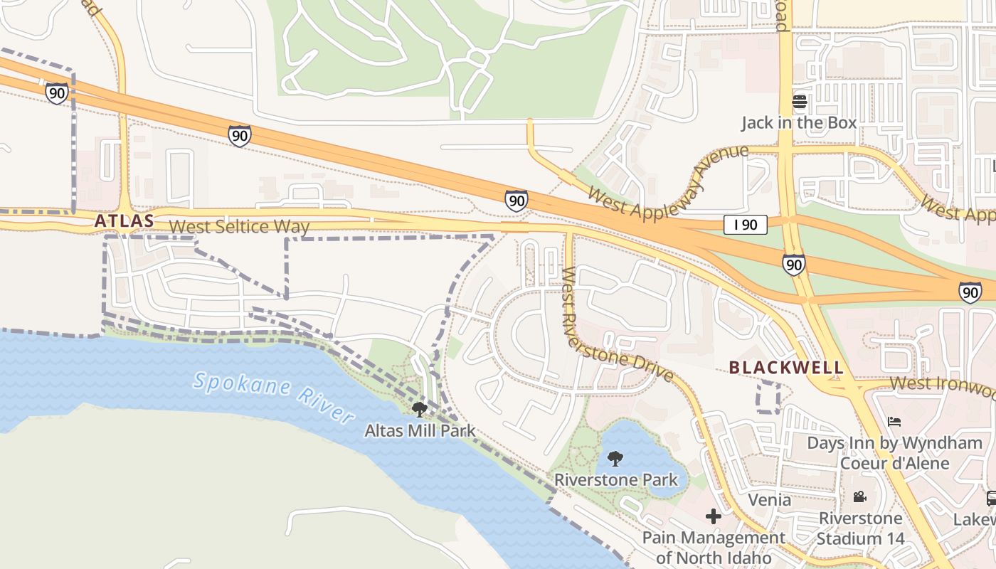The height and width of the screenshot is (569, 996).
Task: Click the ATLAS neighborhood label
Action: (124, 221)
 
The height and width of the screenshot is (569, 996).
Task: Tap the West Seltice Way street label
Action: (240, 227)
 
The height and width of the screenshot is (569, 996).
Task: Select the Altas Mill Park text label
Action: (420, 431)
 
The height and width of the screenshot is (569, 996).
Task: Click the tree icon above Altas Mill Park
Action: (420, 409)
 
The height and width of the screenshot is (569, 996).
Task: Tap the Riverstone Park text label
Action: (616, 480)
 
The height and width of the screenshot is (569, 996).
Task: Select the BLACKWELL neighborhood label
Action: (786, 368)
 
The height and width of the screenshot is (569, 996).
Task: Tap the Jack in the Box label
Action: (799, 123)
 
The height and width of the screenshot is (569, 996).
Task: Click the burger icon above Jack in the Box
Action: (799, 102)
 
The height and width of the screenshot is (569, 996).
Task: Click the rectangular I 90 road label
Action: (745, 225)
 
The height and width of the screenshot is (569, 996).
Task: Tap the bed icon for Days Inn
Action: (894, 421)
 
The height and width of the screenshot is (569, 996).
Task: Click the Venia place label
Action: (769, 500)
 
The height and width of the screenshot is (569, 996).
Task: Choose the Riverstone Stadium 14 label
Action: (860, 528)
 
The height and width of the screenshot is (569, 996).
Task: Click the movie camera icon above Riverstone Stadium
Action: (860, 496)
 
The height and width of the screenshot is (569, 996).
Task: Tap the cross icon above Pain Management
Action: (714, 516)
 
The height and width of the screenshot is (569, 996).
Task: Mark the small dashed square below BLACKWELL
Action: (768, 397)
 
